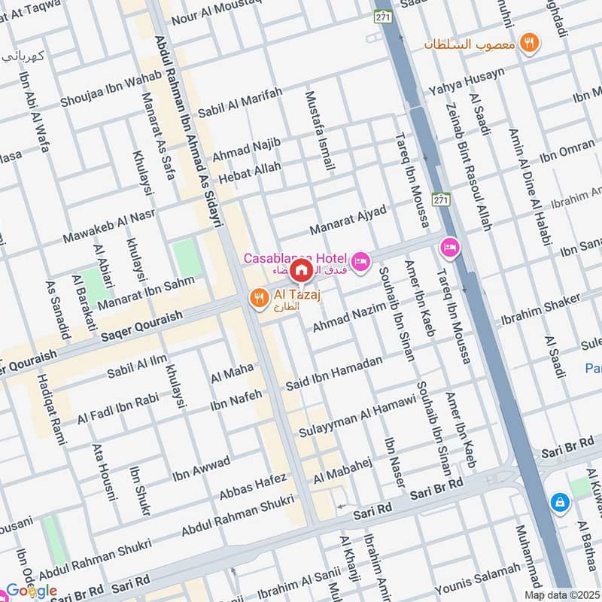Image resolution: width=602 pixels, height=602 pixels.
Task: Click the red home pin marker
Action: click(x=301, y=269)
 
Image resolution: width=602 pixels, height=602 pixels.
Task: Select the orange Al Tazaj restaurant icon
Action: click(x=258, y=298)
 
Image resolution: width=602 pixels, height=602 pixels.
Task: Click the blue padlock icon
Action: click(x=559, y=501)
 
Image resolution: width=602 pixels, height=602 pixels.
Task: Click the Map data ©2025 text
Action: click(x=562, y=594)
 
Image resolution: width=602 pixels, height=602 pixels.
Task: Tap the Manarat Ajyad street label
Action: click(x=348, y=220)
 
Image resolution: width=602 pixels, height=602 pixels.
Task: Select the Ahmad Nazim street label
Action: click(x=348, y=315)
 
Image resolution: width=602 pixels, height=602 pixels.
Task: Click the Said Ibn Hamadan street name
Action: click(x=333, y=374)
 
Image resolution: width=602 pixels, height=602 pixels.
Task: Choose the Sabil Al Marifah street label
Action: click(x=240, y=103)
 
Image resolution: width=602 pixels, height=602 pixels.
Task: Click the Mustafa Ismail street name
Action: click(x=319, y=130)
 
